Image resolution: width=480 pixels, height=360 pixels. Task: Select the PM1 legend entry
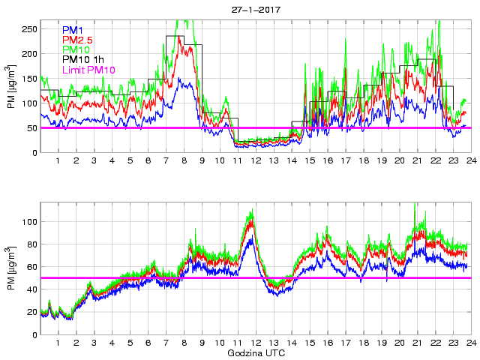(72, 29)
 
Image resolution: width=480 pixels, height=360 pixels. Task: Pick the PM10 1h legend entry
(83, 59)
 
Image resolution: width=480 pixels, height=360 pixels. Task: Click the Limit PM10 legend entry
(88, 70)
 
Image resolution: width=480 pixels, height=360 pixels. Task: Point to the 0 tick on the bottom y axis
(34, 334)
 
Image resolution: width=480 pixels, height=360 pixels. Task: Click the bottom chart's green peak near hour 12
(251, 211)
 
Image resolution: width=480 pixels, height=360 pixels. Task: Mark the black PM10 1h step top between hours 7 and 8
(175, 36)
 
